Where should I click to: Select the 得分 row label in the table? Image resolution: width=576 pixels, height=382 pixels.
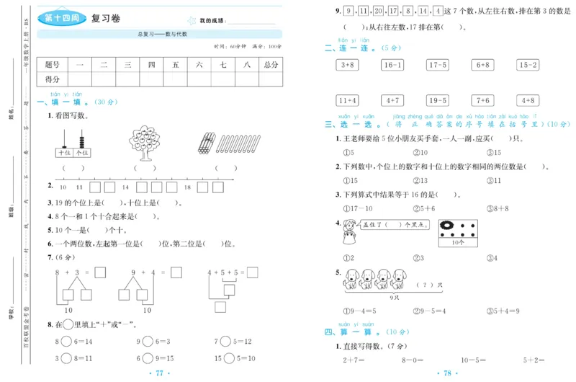[x=53, y=79]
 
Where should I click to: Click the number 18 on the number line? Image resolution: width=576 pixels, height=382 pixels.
[x=187, y=187]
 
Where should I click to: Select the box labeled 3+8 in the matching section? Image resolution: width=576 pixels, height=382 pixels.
[x=348, y=65]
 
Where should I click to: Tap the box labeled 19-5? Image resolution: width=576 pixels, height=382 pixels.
[x=437, y=100]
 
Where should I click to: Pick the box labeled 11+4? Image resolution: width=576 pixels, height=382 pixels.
[x=348, y=100]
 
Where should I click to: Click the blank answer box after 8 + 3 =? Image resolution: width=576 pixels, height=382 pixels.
[x=100, y=273]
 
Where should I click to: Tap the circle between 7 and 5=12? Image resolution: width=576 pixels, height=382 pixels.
[x=225, y=341]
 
